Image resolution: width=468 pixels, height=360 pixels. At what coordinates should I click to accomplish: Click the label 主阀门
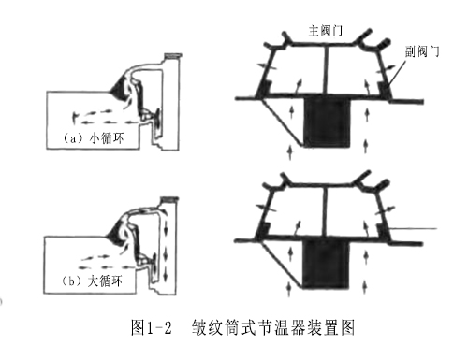pyautogui.click(x=328, y=31)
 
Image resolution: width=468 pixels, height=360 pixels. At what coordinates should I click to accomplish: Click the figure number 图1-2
pyautogui.click(x=149, y=327)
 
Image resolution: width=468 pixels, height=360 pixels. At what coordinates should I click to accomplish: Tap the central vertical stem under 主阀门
pyautogui.click(x=327, y=71)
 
